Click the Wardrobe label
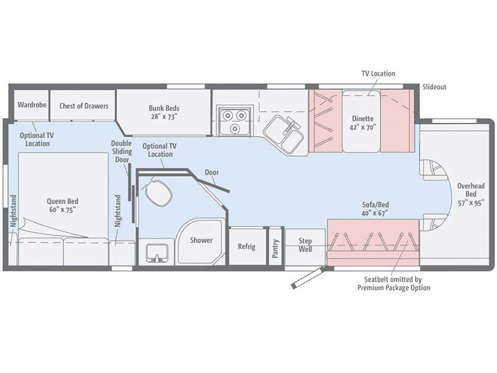(32, 105)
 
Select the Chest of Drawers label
(84, 106)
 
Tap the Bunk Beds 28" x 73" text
(163, 111)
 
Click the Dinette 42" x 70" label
(362, 123)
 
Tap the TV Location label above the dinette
(378, 73)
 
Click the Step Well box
(305, 246)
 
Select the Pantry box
(275, 246)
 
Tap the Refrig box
(247, 246)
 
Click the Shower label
(201, 240)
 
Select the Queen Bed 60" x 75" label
(62, 206)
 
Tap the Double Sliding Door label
(121, 151)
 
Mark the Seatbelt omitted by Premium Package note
(393, 283)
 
